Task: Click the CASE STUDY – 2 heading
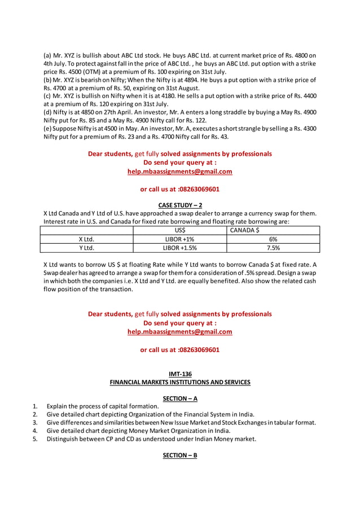point(179,205)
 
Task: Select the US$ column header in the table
point(179,230)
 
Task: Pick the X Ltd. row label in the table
point(86,239)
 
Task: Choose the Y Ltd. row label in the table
point(86,247)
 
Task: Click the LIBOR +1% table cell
point(179,239)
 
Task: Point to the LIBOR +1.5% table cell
point(179,247)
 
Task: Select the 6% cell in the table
point(273,239)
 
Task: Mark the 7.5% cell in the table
point(273,247)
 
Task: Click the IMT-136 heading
point(179,374)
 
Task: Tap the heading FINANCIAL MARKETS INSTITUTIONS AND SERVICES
point(179,382)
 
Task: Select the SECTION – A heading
point(179,398)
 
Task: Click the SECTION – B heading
point(179,455)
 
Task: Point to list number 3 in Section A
point(35,422)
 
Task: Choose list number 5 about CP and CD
point(35,438)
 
